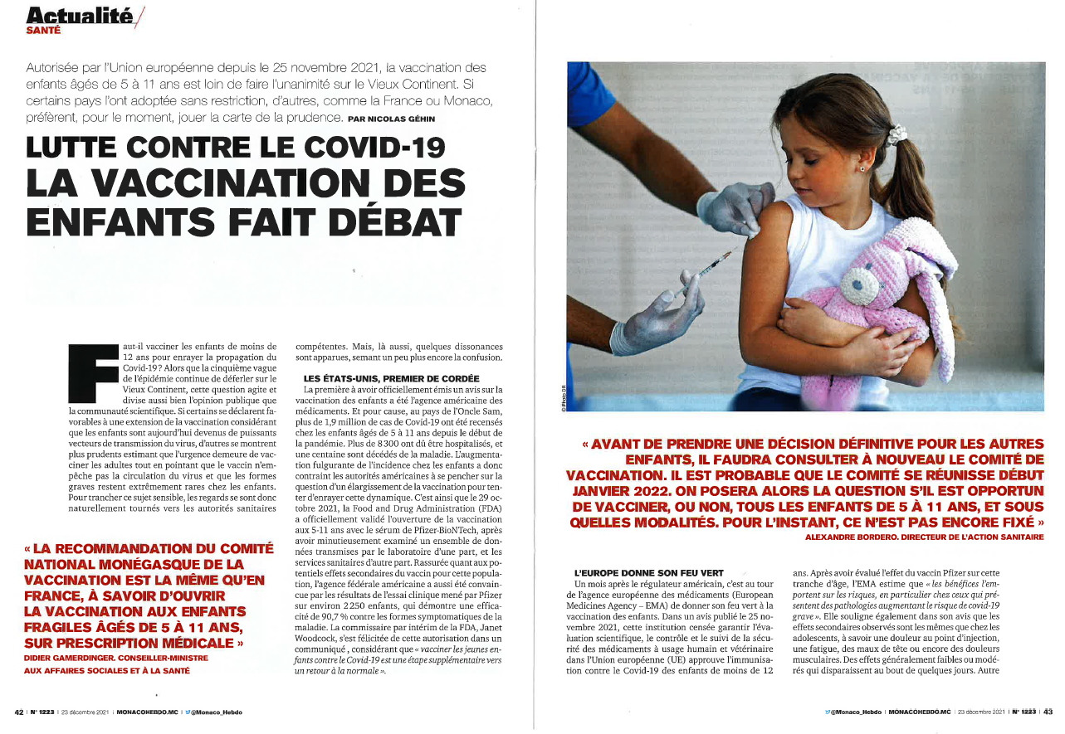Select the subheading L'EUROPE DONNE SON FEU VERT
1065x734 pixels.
click(649, 573)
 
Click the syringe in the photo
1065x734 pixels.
click(711, 266)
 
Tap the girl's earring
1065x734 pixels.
click(863, 168)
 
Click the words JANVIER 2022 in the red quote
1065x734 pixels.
click(613, 490)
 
